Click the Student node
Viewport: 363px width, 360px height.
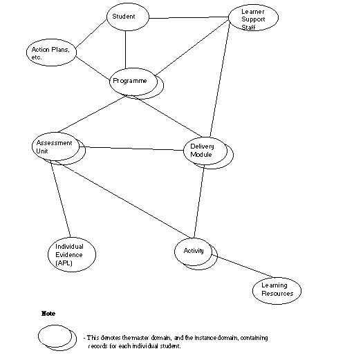tap(128, 17)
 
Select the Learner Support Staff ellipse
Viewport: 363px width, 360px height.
tap(254, 17)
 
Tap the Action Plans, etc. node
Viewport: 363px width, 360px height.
tap(51, 53)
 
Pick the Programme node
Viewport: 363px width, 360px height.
tap(137, 84)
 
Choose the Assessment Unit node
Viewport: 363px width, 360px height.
tap(59, 149)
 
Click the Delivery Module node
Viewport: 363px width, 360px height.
tap(208, 153)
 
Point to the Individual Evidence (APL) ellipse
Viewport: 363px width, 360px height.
tap(72, 254)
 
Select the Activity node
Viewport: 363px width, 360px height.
tap(196, 254)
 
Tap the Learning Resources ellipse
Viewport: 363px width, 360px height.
tap(277, 291)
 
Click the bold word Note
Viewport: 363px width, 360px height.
tap(48, 314)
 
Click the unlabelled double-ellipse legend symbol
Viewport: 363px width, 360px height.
tap(57, 338)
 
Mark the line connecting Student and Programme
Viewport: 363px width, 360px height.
tap(125, 50)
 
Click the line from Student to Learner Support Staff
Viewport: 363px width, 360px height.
tap(189, 17)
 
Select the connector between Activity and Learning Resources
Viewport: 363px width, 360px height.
tap(243, 266)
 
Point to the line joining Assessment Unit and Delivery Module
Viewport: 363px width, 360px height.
tap(131, 149)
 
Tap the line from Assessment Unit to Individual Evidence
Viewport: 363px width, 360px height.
tap(60, 199)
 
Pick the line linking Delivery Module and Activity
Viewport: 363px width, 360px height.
tap(199, 202)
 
